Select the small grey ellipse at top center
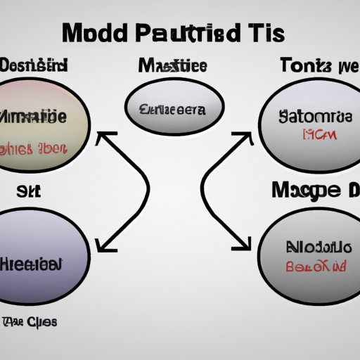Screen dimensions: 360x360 tap(174, 109)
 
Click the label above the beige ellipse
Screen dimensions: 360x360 tap(35, 66)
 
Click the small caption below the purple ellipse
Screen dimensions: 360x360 tap(29, 321)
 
